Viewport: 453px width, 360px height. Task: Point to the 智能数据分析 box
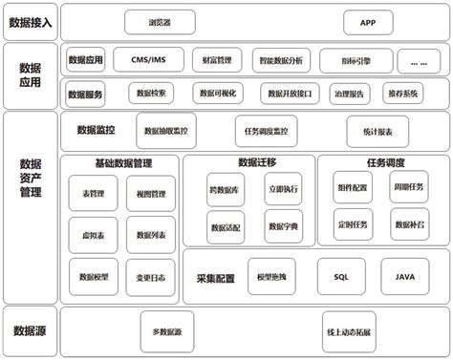[x=280, y=60]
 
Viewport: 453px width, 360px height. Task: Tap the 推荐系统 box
[x=402, y=94]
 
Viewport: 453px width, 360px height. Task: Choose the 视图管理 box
[x=150, y=193]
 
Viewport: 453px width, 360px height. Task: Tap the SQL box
[x=341, y=276]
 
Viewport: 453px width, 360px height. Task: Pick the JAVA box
[x=405, y=276]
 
